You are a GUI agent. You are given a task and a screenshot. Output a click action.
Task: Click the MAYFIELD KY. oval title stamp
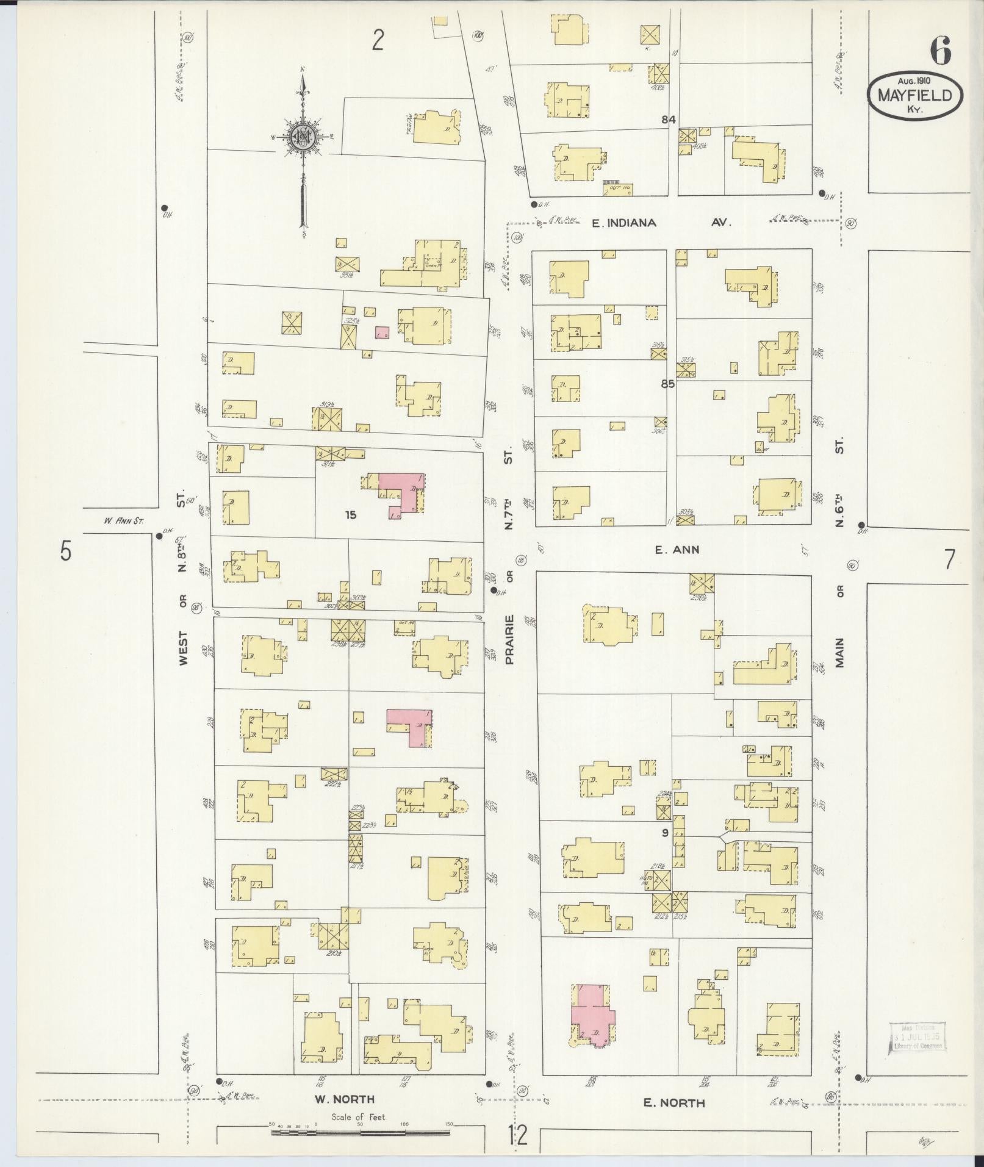coord(915,95)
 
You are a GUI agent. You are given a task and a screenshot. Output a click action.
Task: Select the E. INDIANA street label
coord(624,223)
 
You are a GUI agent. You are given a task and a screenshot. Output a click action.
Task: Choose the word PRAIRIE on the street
coord(510,639)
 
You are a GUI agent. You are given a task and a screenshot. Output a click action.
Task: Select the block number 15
coord(350,515)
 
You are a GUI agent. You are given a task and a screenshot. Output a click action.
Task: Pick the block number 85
coord(669,385)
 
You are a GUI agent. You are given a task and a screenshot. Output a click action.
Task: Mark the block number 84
coord(669,120)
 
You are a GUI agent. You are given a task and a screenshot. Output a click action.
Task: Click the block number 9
coord(665,832)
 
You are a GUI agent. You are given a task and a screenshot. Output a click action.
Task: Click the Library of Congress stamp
coord(918,1037)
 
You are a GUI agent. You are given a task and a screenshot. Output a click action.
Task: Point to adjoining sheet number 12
coord(518,1136)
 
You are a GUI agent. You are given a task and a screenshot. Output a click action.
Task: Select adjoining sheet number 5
coord(65,551)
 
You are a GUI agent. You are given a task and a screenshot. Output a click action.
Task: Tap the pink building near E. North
coord(592,1017)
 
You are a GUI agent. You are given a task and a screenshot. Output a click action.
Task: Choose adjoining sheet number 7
coord(949,559)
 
